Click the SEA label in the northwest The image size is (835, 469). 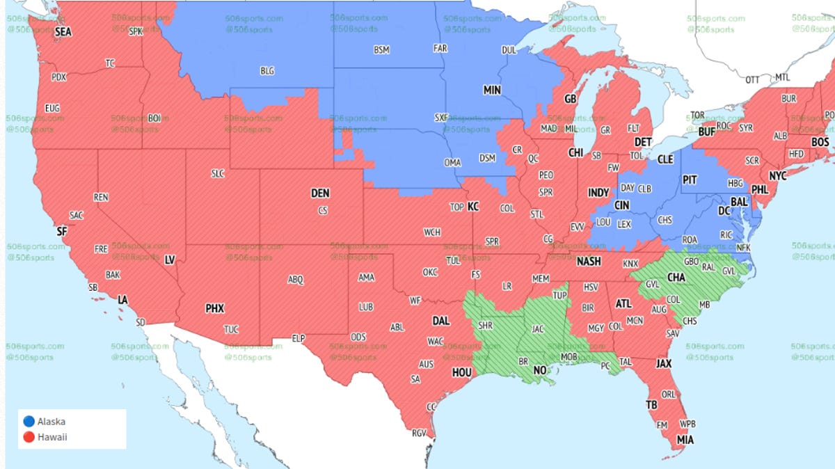(x=63, y=31)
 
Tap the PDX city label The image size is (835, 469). (x=59, y=77)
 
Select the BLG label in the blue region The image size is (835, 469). (x=267, y=71)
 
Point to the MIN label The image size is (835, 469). (x=492, y=90)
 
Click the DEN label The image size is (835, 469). (x=320, y=193)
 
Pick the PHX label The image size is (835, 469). (x=215, y=308)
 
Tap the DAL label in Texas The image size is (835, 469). (x=441, y=321)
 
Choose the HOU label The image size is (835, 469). (x=462, y=372)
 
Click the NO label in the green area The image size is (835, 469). (x=540, y=371)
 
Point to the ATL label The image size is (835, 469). (x=624, y=303)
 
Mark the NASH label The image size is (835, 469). (x=589, y=262)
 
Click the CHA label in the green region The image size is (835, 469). (x=676, y=276)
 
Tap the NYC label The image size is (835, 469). (x=777, y=176)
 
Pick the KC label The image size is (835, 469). (x=473, y=207)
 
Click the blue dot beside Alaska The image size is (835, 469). (x=28, y=421)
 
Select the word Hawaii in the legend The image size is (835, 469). (x=54, y=437)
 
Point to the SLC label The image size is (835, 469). (x=218, y=174)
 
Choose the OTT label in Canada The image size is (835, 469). (x=753, y=80)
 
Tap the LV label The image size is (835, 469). (x=170, y=260)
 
